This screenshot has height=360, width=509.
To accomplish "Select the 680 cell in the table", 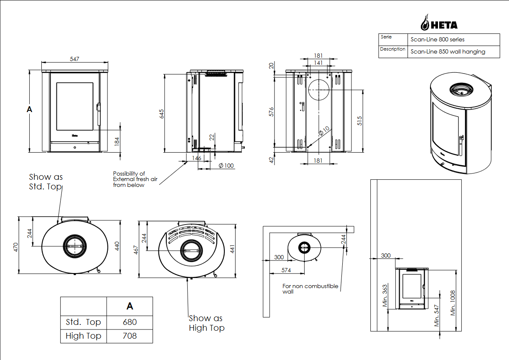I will coord(130,322).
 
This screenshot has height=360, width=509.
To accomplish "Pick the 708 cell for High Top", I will coord(130,336).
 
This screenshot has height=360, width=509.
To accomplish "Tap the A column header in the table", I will coord(130,306).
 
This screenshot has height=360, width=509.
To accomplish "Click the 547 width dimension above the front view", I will coord(74,59).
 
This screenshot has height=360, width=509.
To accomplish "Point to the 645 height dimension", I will coord(162,114).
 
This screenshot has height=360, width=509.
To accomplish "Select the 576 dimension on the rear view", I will coord(271,112).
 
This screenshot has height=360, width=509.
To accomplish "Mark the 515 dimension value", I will coord(359,121).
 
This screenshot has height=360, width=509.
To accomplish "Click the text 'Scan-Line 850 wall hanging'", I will coord(448,52).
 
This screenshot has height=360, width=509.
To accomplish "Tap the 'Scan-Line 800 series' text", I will coord(438,40).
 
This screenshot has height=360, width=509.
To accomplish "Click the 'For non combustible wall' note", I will coord(310,289).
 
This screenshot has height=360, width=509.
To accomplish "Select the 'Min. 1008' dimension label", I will coord(453,303).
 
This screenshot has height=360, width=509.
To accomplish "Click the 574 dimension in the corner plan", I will coord(286,271).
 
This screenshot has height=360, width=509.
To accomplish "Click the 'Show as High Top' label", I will coord(206,323).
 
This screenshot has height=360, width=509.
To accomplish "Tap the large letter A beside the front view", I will coord(29,109).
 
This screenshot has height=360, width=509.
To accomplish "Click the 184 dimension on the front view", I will coord(117,141).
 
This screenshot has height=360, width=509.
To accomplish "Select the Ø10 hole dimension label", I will coord(323,131).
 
